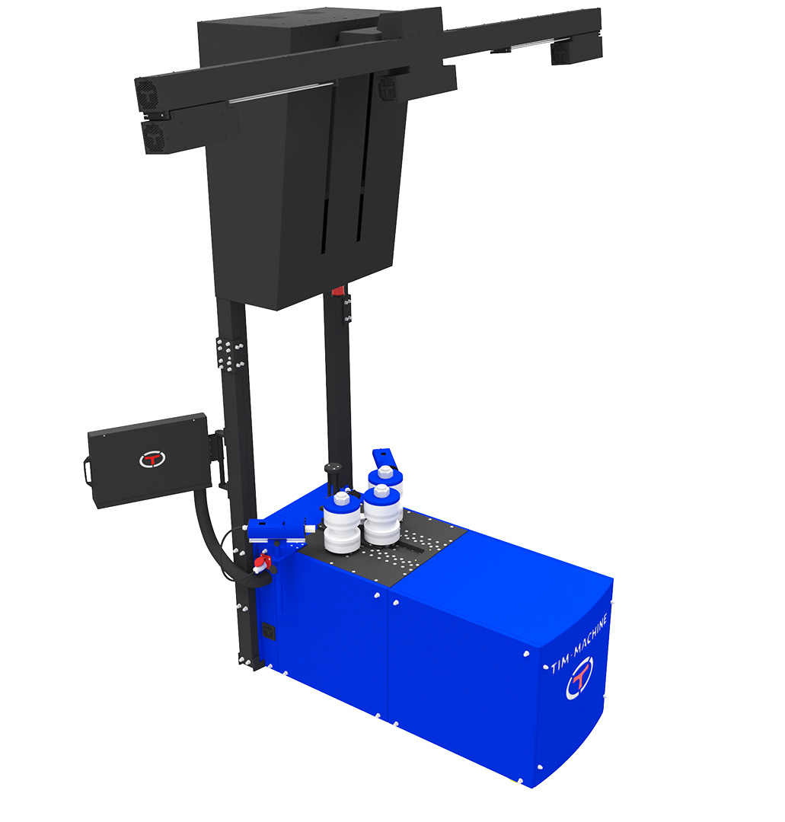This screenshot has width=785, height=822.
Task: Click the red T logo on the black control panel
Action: [152, 459]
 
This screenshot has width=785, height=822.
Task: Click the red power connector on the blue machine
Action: [262, 563]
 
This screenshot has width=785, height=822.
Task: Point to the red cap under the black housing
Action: [339, 290]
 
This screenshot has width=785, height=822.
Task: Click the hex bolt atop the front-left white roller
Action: [341, 497]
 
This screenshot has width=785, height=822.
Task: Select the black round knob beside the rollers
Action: [333, 466]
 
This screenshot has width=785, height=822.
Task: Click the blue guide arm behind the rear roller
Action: [382, 457]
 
